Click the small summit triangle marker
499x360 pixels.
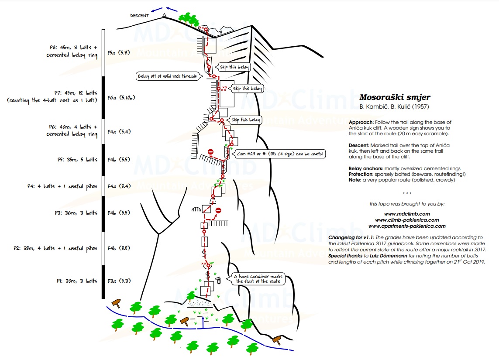[164, 15]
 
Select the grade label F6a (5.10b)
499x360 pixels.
[121, 98]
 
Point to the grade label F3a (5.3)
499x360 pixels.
[119, 281]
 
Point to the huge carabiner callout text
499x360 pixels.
[259, 279]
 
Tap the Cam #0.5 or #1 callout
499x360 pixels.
[280, 154]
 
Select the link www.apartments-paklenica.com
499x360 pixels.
[407, 226]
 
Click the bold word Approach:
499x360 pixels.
[361, 122]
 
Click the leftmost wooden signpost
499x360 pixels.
[117, 302]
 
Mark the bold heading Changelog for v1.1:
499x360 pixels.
[352, 237]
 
